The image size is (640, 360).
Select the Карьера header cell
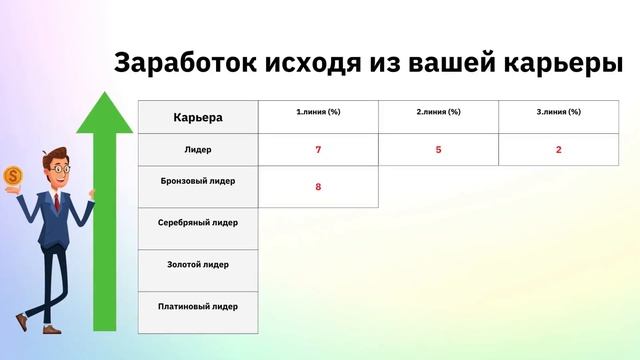pos(198,118)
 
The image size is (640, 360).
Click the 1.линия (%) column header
pos(318,111)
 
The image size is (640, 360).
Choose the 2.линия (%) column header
pos(438,111)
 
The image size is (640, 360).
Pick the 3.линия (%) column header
pos(558,111)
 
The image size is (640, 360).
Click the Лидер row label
pos(198,149)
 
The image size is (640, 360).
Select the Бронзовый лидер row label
pos(198,183)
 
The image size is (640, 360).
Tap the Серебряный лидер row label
pos(198,222)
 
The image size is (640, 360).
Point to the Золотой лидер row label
pos(198,264)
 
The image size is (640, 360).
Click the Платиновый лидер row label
pos(198,306)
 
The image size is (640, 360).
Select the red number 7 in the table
pos(318,150)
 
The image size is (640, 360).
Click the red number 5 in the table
pos(438,150)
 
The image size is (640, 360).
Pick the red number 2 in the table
pos(558,150)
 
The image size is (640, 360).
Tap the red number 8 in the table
pos(318,186)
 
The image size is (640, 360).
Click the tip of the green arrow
pos(104,93)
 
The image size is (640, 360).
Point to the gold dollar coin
pos(13,177)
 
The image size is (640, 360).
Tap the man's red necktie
pos(57,202)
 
